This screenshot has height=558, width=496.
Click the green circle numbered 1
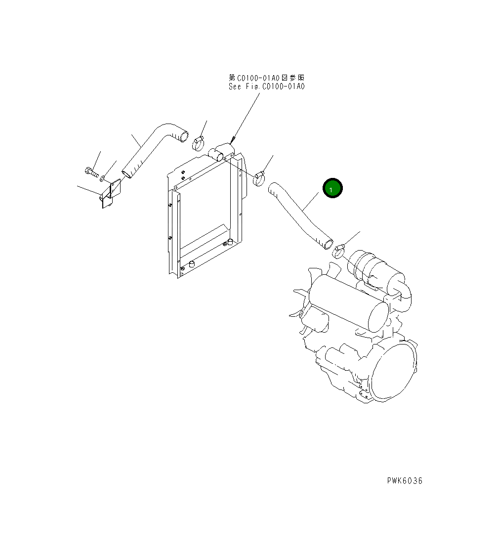click(x=332, y=188)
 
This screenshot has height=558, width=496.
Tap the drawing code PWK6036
click(x=405, y=480)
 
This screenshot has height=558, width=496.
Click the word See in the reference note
click(x=235, y=86)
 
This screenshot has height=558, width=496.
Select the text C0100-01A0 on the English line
click(x=283, y=86)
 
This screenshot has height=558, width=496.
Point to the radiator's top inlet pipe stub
click(x=217, y=155)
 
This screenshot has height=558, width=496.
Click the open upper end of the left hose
click(x=183, y=135)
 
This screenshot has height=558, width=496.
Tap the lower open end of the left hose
click(x=127, y=173)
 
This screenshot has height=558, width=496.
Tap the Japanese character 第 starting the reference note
click(x=232, y=78)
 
